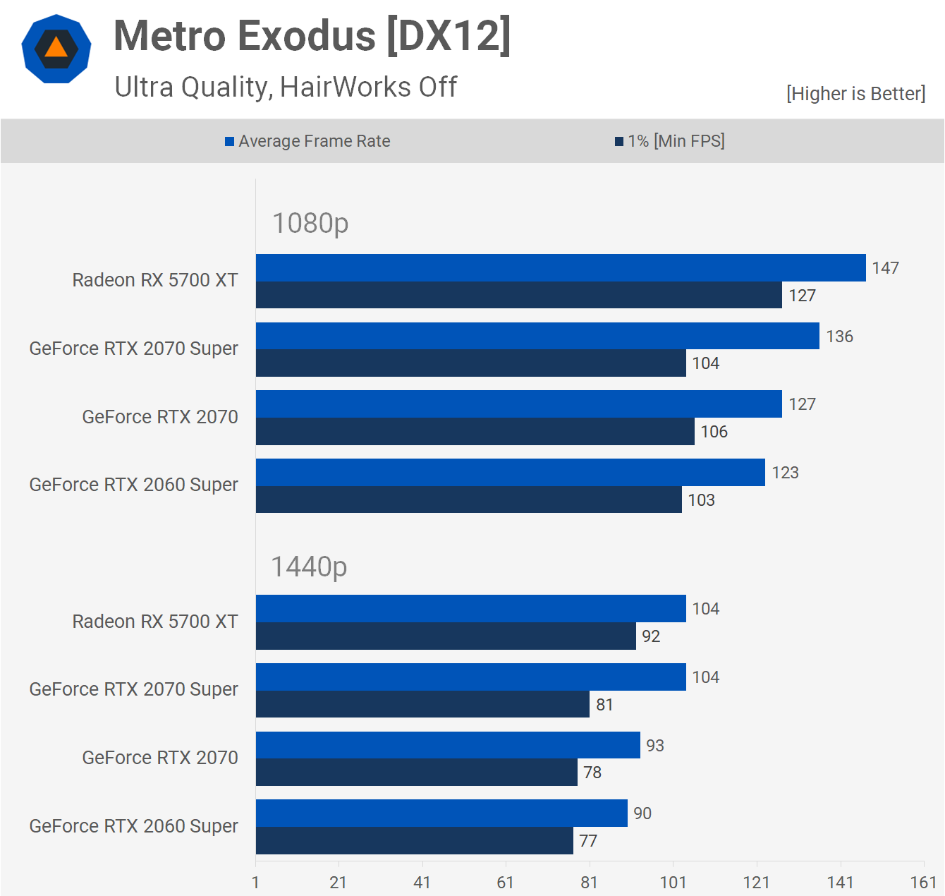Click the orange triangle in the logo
point(56,47)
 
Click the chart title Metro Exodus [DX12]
point(312,36)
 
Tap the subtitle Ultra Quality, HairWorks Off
point(286,87)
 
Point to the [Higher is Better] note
point(855,94)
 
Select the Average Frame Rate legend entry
point(307,141)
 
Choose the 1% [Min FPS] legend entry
point(669,141)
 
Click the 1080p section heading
point(310,223)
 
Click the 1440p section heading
point(309,567)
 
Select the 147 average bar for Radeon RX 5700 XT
point(561,268)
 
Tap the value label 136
point(839,337)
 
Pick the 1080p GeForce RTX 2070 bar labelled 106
point(475,432)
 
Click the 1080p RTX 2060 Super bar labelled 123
point(510,473)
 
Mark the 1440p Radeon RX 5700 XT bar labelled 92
point(446,636)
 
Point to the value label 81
point(604,705)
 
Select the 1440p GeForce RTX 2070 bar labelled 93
point(448,746)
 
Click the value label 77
point(588,841)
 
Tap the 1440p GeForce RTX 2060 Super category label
point(133,826)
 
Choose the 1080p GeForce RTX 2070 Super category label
point(133,349)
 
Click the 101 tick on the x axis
point(673,882)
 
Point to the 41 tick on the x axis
point(422,882)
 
